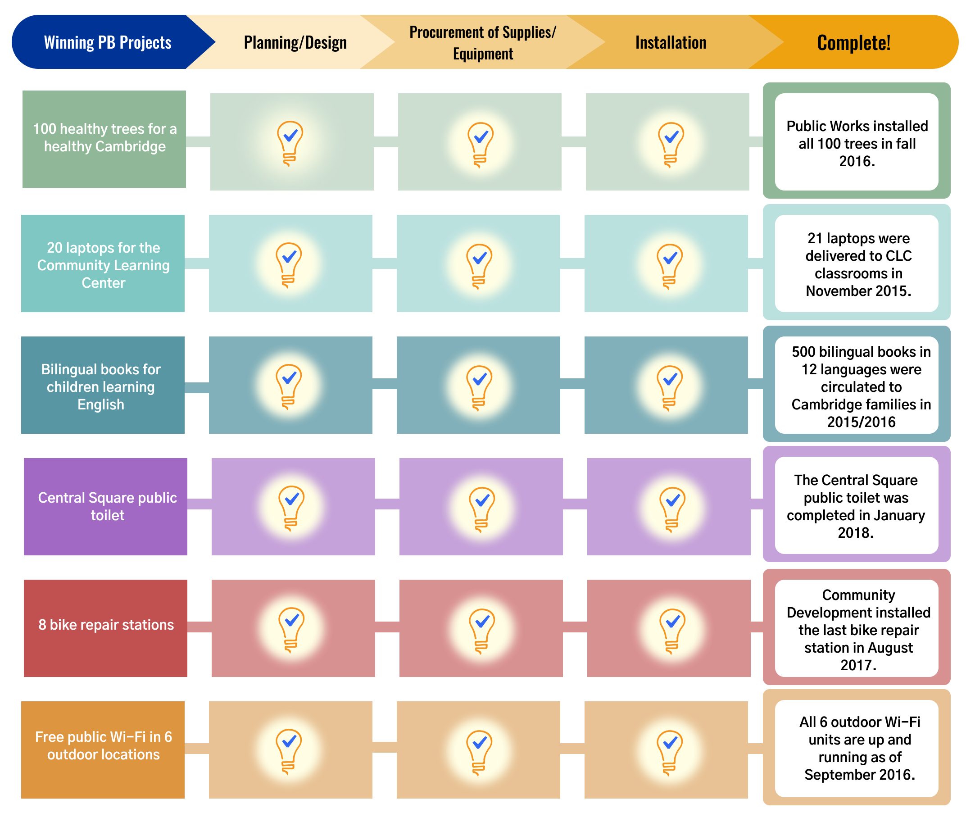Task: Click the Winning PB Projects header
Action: pyautogui.click(x=107, y=42)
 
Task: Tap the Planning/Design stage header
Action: pyautogui.click(x=295, y=42)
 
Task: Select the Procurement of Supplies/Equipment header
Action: pyautogui.click(x=482, y=42)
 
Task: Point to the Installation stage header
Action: pyautogui.click(x=671, y=42)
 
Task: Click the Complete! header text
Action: pyautogui.click(x=853, y=42)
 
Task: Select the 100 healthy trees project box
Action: pyautogui.click(x=104, y=138)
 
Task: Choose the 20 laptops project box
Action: pyautogui.click(x=103, y=264)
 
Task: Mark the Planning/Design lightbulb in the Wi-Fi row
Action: pyautogui.click(x=289, y=751)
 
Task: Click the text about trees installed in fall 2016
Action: pyautogui.click(x=857, y=143)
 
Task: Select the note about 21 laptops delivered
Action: pyautogui.click(x=858, y=264)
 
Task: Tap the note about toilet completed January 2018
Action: pyautogui.click(x=856, y=506)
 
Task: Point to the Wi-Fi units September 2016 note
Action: pyautogui.click(x=859, y=748)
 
